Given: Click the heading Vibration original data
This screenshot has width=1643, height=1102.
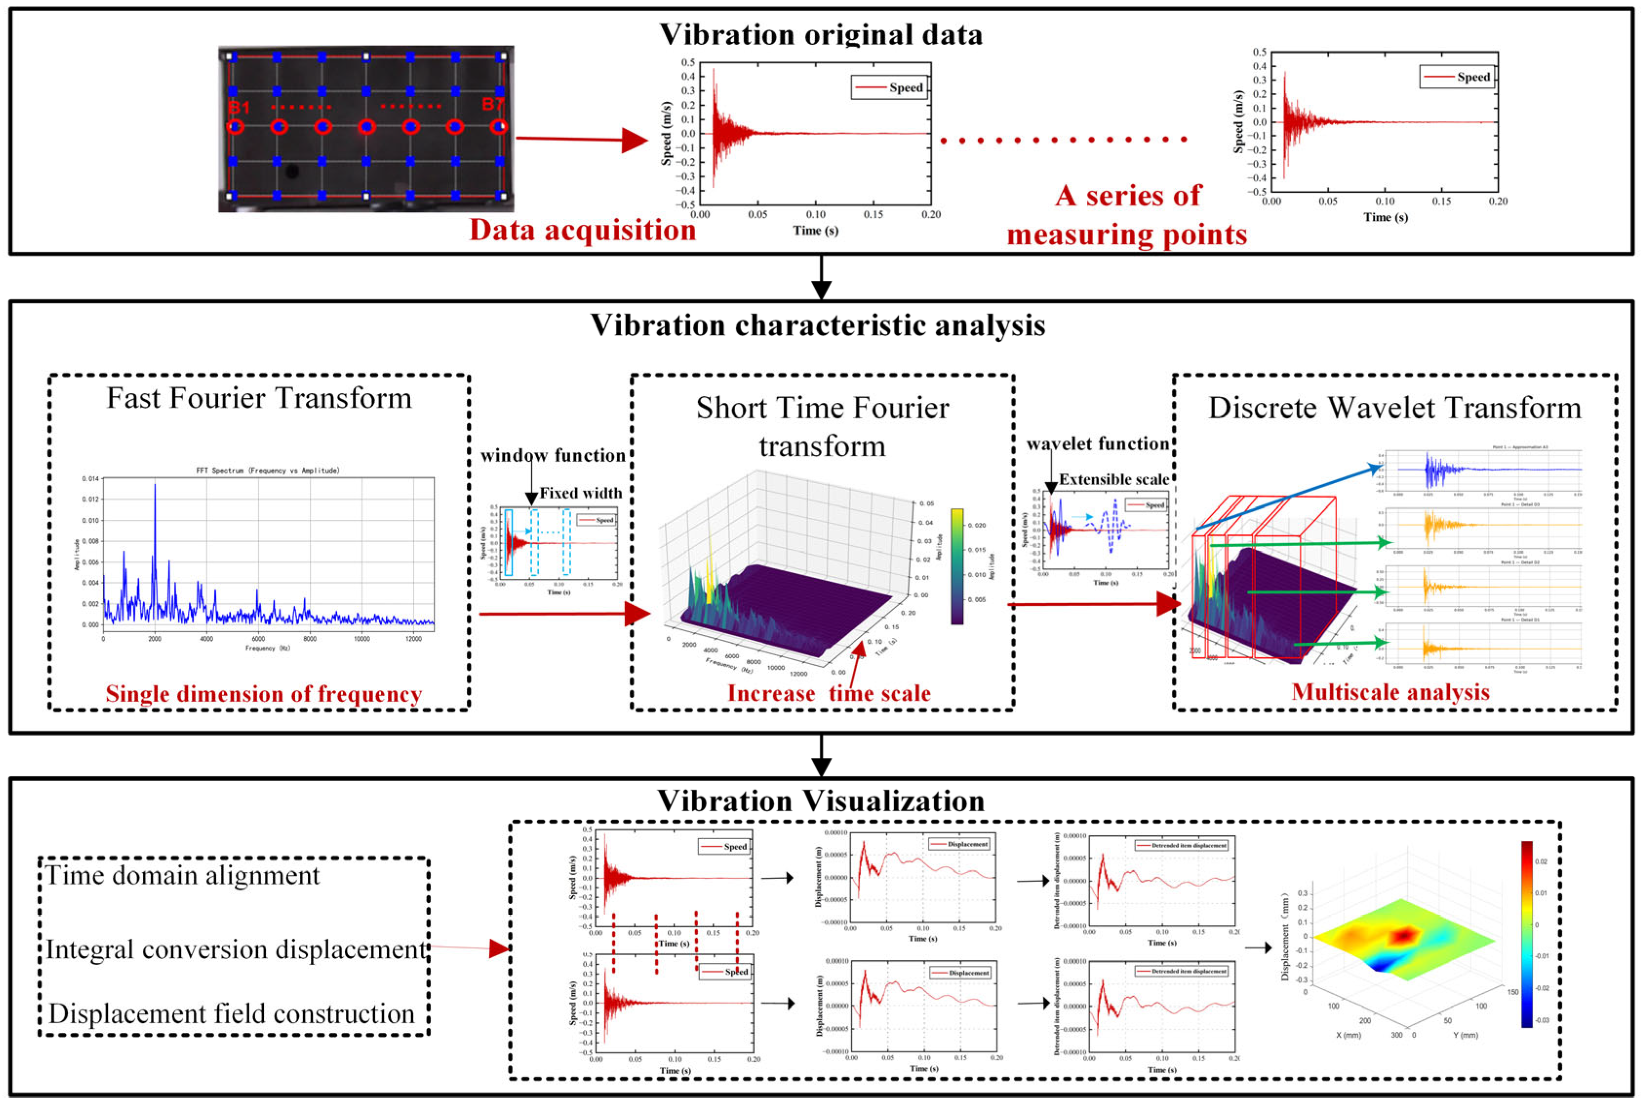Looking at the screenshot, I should [x=821, y=35].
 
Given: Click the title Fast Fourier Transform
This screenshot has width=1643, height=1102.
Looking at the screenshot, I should [x=259, y=398].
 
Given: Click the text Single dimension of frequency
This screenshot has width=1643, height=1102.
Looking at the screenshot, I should [x=263, y=694].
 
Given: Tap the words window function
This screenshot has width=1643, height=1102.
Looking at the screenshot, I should [x=553, y=455].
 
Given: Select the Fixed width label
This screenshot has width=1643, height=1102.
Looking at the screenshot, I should [x=581, y=493].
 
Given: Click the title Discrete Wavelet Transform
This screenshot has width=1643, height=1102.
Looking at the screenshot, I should [x=1394, y=408].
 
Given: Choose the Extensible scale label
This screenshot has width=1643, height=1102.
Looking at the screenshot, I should [x=1114, y=479].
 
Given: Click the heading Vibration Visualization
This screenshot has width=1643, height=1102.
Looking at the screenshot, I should [x=821, y=801].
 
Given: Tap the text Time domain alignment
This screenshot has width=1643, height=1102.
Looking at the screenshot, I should [x=183, y=876].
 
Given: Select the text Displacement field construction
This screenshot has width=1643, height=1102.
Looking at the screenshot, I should [x=232, y=1013].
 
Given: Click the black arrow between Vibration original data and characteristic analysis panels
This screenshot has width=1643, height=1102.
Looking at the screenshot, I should [x=821, y=277].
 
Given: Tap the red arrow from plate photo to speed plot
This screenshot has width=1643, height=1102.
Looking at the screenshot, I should [x=581, y=139].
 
